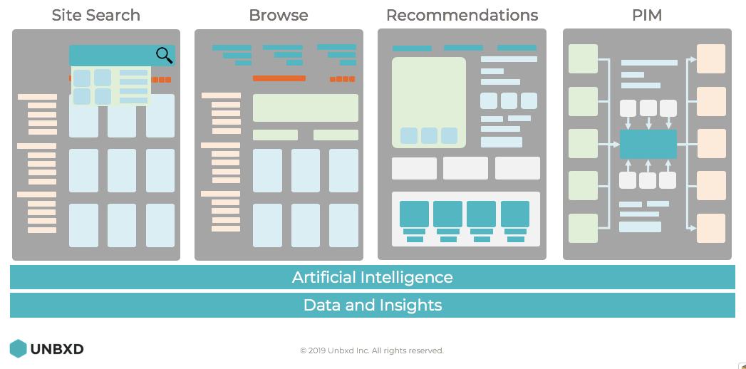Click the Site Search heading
[x=95, y=15]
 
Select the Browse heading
[x=279, y=15]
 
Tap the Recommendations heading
[x=462, y=15]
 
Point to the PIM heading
[x=647, y=15]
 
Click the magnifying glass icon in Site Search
[x=165, y=55]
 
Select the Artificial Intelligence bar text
[x=372, y=277]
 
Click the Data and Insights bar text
[x=372, y=306]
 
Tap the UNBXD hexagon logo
[x=18, y=348]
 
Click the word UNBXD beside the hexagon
[x=57, y=349]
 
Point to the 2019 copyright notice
[x=372, y=350]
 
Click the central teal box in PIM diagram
[x=648, y=144]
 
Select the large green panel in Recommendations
[x=428, y=102]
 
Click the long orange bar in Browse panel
[x=279, y=78]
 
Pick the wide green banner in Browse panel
[x=305, y=108]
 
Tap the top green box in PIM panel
[x=583, y=58]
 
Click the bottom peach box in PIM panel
[x=710, y=228]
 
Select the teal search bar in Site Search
[x=114, y=55]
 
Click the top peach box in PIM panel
[x=710, y=58]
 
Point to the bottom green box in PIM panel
[x=583, y=228]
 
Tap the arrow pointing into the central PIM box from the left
[x=615, y=144]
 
